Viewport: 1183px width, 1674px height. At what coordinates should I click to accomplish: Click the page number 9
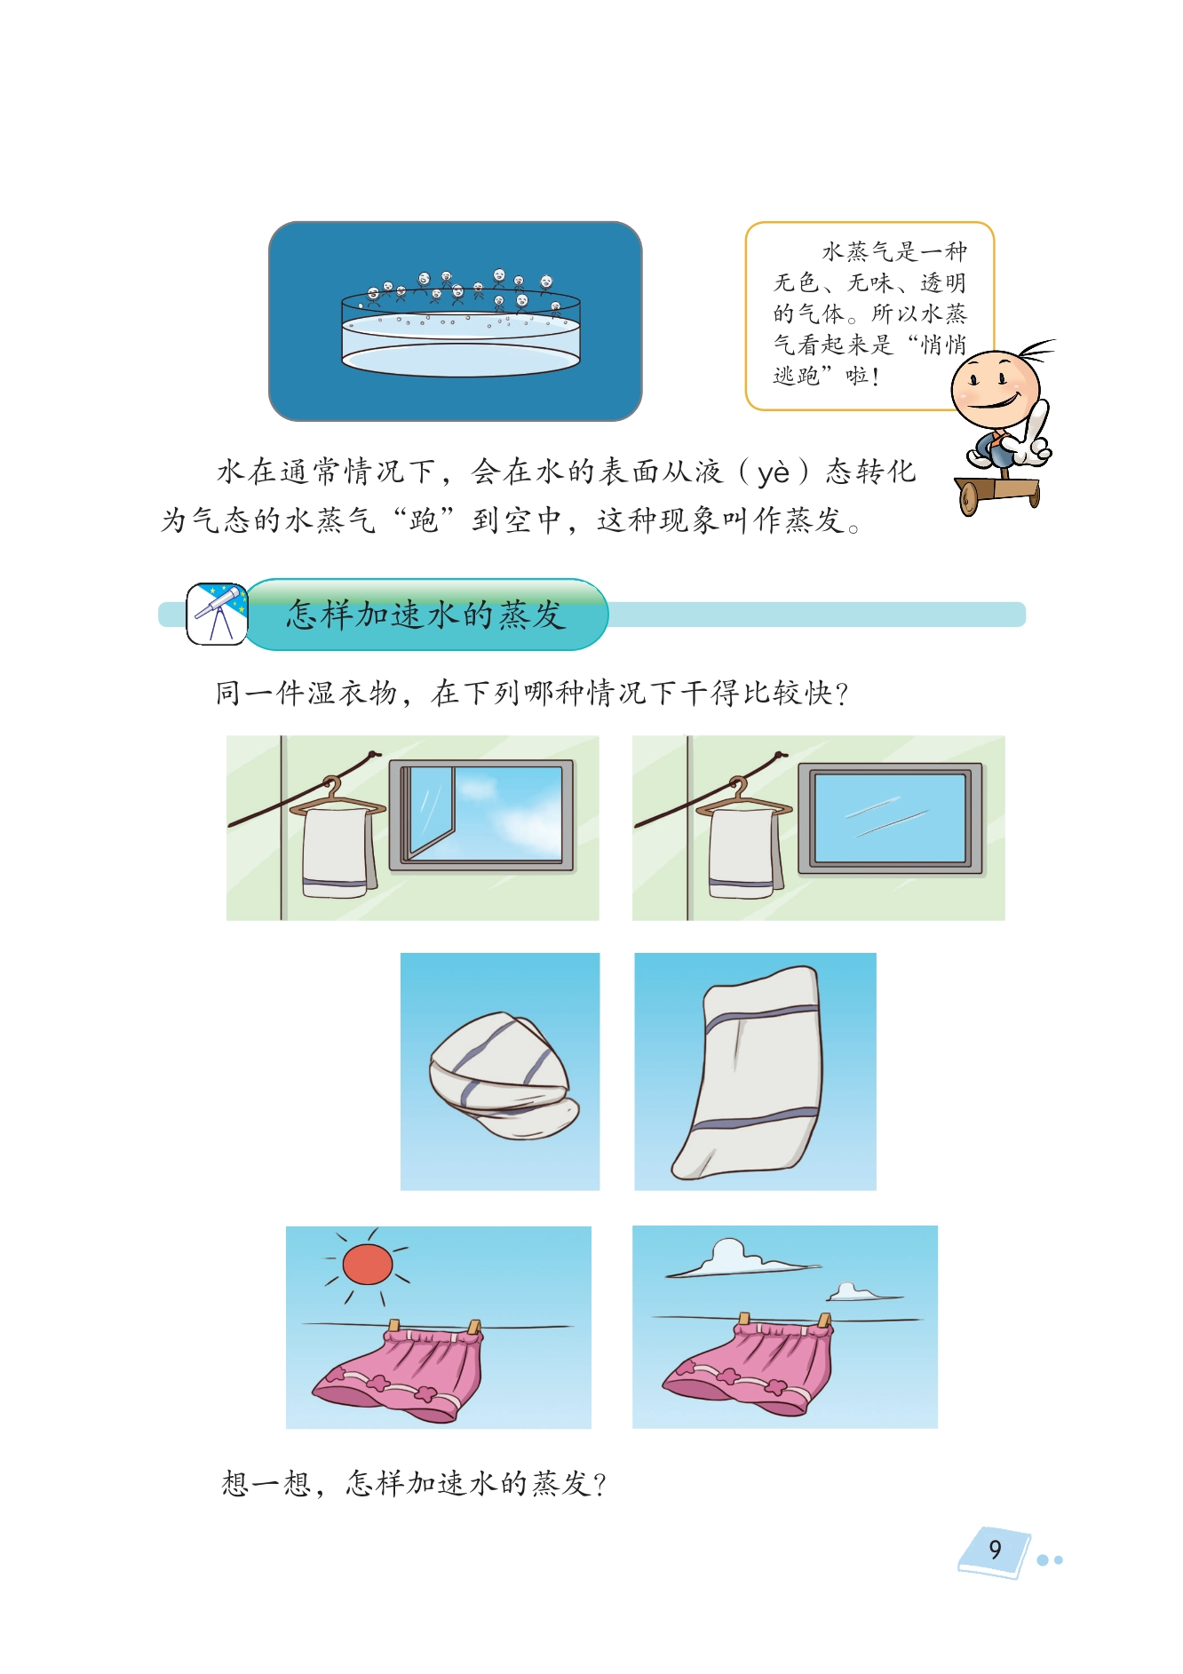click(995, 1549)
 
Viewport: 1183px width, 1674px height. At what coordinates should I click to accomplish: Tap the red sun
click(367, 1264)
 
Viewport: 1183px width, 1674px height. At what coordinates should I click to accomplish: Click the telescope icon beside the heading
click(217, 614)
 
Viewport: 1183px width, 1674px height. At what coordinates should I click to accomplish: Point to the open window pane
click(431, 813)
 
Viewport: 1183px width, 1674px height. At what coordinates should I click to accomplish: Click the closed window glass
click(890, 818)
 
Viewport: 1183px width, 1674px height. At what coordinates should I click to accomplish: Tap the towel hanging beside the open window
click(337, 853)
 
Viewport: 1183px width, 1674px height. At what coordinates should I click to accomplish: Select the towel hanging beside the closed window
click(744, 853)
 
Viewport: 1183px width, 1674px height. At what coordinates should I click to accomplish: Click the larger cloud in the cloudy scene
click(737, 1258)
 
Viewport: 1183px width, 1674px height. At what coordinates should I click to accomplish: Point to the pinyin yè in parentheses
click(773, 472)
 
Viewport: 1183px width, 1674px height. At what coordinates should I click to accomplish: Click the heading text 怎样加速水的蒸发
click(425, 615)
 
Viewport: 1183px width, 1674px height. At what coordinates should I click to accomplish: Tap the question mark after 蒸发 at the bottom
click(599, 1484)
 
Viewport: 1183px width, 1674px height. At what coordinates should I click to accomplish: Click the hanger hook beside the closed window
click(738, 785)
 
